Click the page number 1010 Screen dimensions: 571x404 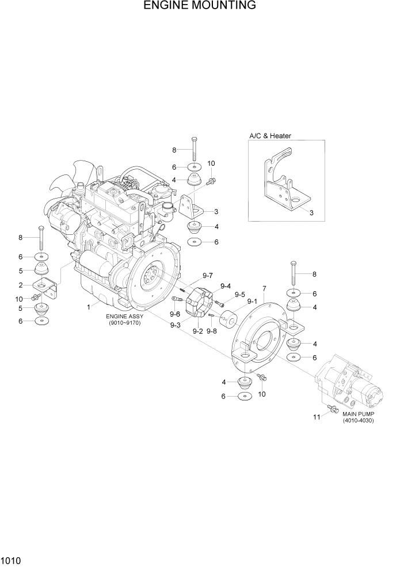[11, 559]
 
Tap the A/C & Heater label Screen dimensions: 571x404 [270, 136]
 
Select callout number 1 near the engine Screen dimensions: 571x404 [89, 307]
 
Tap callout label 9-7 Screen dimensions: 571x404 [207, 275]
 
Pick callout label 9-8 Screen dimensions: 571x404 [212, 331]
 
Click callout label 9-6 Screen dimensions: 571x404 [174, 314]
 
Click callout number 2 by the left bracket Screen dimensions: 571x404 [20, 285]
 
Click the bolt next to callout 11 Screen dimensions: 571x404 [331, 409]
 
